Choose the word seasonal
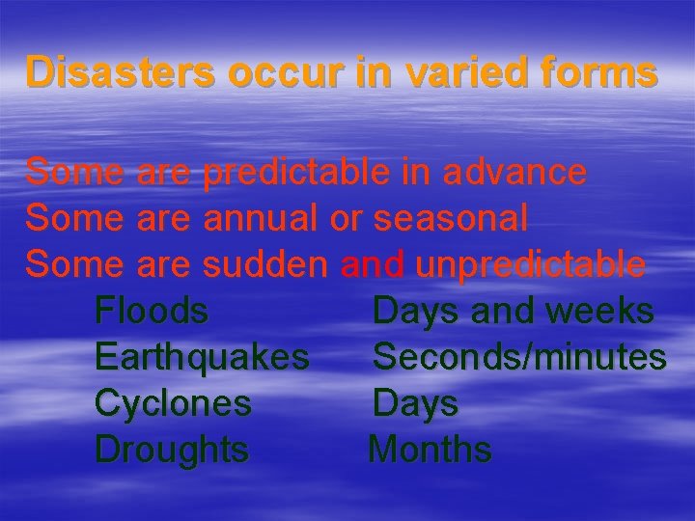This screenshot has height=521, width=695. point(451,218)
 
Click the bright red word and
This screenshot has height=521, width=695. point(375,263)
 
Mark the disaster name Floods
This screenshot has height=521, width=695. point(152,311)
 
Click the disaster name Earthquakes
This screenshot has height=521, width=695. point(202,357)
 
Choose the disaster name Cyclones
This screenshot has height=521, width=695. point(173,403)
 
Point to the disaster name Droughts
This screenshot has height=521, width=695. point(172,450)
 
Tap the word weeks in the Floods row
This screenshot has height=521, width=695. point(600,311)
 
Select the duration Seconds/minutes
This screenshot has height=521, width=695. point(519,357)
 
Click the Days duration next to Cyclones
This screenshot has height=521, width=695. point(415,403)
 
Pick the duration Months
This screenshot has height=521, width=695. point(431,450)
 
